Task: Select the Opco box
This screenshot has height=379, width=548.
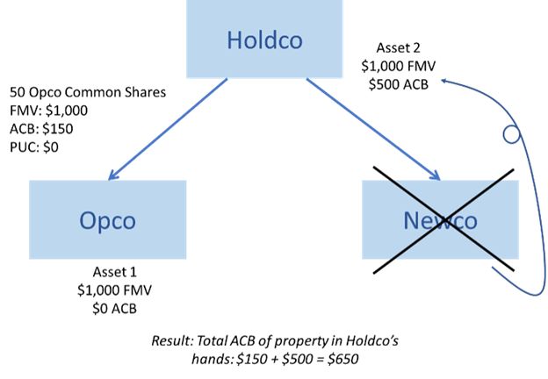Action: [107, 218]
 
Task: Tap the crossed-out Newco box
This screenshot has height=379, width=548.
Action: [440, 218]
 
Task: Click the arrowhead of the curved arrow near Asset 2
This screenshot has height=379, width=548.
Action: [445, 81]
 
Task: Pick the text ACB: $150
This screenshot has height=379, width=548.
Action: [41, 128]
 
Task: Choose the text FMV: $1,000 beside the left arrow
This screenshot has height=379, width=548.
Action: [48, 111]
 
